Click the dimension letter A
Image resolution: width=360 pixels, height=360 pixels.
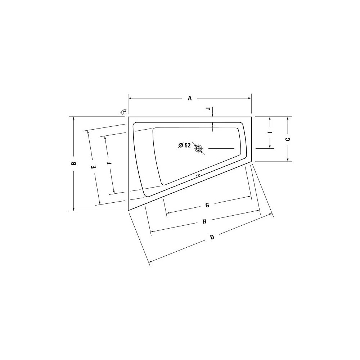tap(190, 98)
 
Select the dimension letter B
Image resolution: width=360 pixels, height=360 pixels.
tap(73, 163)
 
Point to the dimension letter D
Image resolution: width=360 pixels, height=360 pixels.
tap(212, 237)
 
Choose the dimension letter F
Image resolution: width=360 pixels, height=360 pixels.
tap(109, 163)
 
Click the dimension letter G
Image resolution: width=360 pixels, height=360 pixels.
tap(207, 205)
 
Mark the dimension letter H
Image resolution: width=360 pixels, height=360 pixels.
tap(204, 221)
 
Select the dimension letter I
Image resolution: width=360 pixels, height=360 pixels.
tap(270, 132)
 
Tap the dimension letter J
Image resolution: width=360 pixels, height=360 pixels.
tap(208, 109)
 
